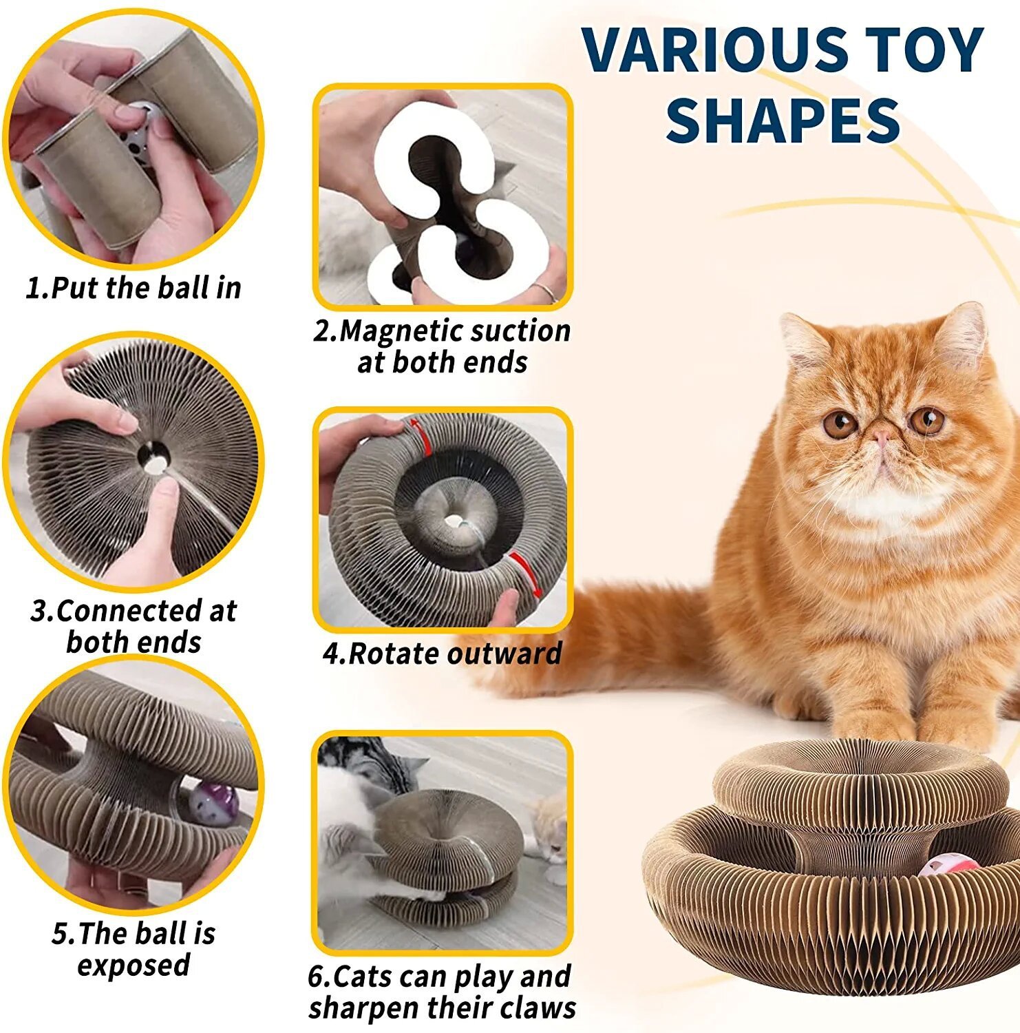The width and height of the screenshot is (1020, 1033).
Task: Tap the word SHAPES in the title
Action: [783, 121]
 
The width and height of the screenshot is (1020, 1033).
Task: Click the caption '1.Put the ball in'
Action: [134, 288]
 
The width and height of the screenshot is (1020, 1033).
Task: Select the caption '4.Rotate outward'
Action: [442, 654]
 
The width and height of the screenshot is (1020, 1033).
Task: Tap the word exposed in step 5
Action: [134, 965]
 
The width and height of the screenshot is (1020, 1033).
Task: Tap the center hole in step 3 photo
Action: [153, 457]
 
